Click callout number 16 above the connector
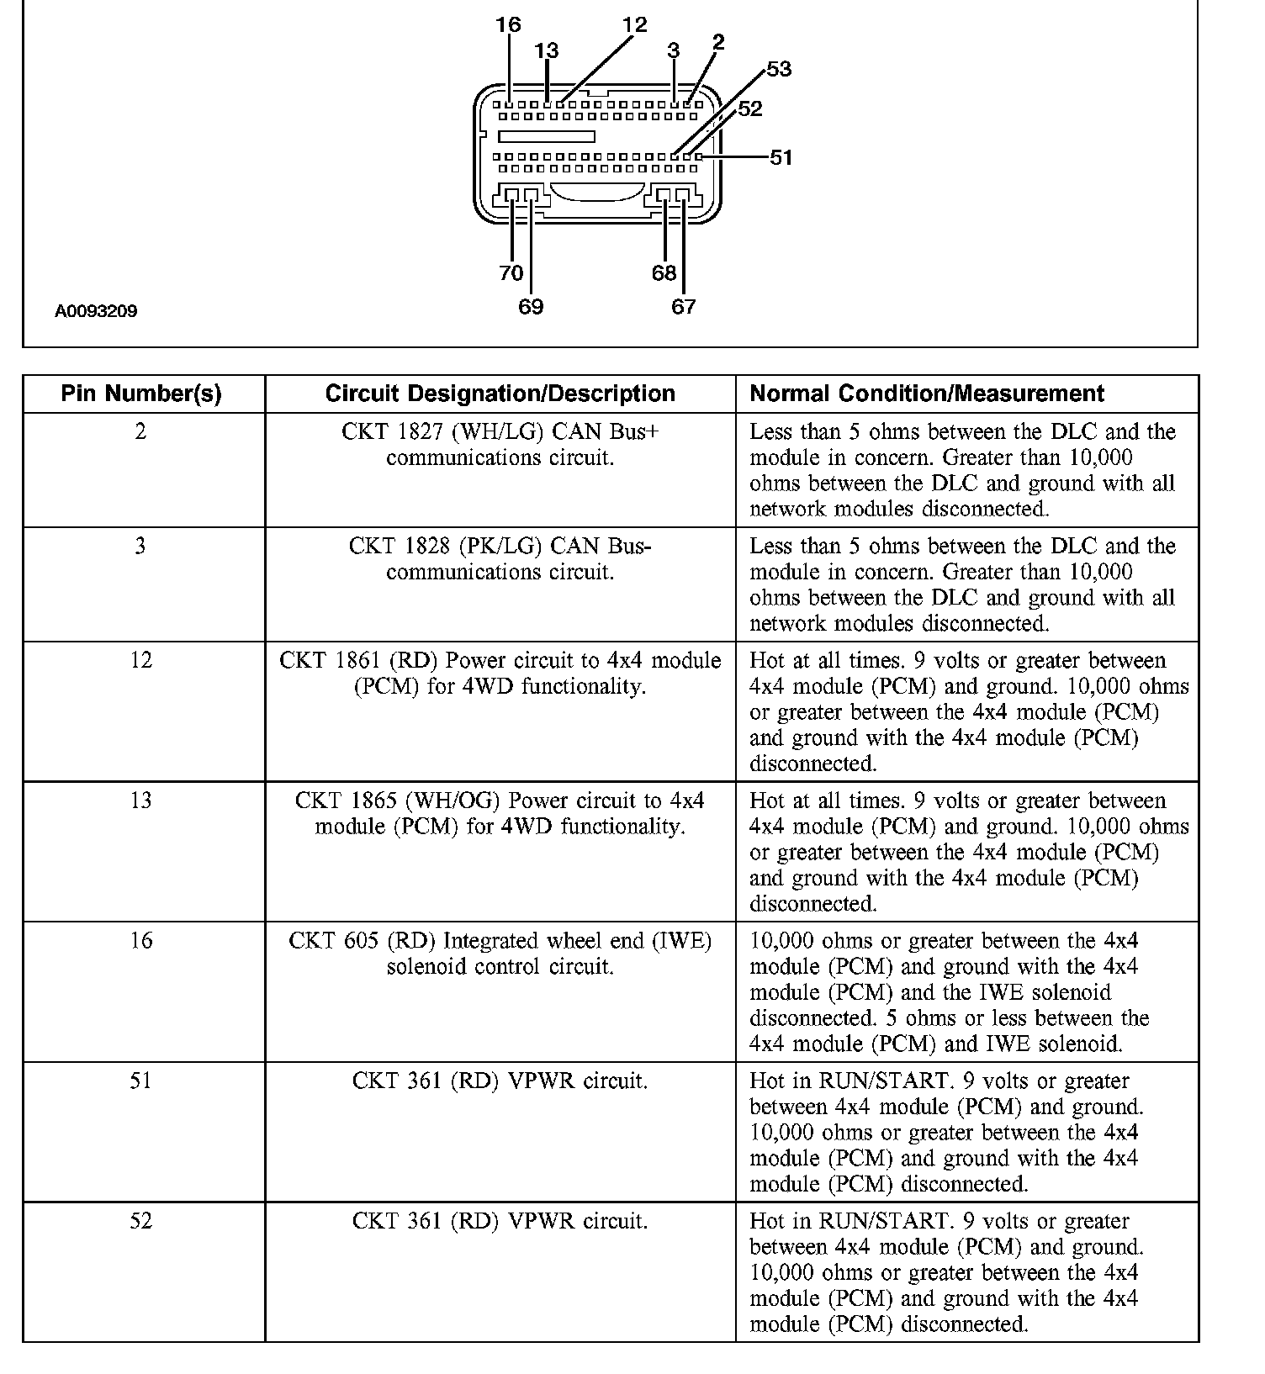pyautogui.click(x=508, y=24)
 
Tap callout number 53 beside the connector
pyautogui.click(x=779, y=69)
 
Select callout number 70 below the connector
pyautogui.click(x=511, y=272)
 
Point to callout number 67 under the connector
pyautogui.click(x=683, y=306)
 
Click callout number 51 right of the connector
pyautogui.click(x=781, y=157)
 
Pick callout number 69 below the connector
pyautogui.click(x=531, y=306)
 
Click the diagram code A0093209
pyautogui.click(x=96, y=311)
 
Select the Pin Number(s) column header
pyautogui.click(x=141, y=394)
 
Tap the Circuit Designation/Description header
pyautogui.click(x=500, y=394)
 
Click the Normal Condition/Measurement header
pyautogui.click(x=927, y=394)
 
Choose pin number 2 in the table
pyautogui.click(x=140, y=431)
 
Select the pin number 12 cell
pyautogui.click(x=140, y=660)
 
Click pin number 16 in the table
pyautogui.click(x=140, y=940)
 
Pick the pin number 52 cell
pyautogui.click(x=140, y=1220)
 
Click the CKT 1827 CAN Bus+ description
pyautogui.click(x=500, y=445)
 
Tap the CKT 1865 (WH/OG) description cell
pyautogui.click(x=500, y=813)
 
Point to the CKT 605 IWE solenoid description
pyautogui.click(x=500, y=953)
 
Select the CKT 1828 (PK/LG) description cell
pyautogui.click(x=500, y=559)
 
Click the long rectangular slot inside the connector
pyautogui.click(x=546, y=136)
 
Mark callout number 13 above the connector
pyautogui.click(x=546, y=50)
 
